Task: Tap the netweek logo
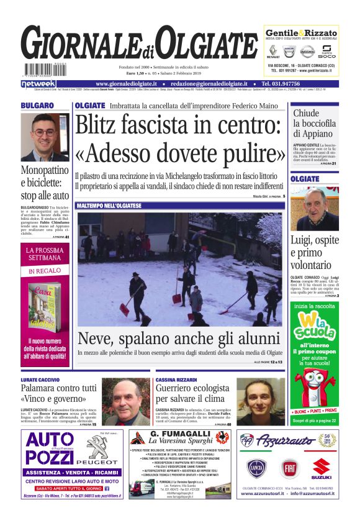click(38, 83)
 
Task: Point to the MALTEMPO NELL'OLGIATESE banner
click(109, 205)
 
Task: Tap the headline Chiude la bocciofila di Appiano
click(315, 123)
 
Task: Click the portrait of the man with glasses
click(45, 137)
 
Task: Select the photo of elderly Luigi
click(314, 207)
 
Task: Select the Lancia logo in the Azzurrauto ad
click(256, 467)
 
